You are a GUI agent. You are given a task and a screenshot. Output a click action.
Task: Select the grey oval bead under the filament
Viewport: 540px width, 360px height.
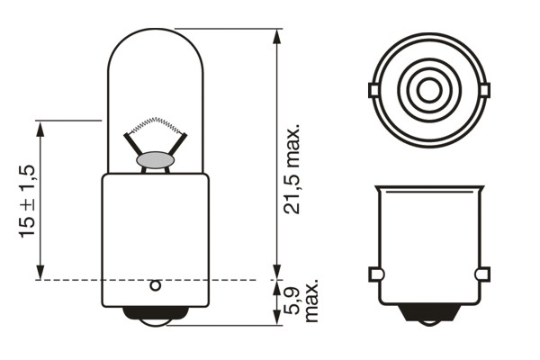155,160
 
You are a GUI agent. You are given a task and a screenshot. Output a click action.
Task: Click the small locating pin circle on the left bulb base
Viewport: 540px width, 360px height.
155,286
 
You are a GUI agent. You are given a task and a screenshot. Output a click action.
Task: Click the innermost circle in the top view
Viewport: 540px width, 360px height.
428,89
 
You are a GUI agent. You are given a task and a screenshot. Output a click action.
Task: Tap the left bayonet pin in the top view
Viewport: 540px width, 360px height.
373,89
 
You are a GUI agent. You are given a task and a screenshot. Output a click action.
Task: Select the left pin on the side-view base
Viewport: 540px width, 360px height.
375,274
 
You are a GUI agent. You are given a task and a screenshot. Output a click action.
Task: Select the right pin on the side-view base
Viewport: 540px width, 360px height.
482,274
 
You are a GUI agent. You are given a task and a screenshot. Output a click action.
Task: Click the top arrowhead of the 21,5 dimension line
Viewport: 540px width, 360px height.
275,35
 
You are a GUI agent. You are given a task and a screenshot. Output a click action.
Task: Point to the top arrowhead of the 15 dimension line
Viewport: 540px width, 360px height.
40,128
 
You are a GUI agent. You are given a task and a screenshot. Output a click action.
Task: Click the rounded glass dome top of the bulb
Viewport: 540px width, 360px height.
155,36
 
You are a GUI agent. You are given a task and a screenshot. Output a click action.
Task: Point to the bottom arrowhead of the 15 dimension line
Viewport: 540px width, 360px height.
40,274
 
